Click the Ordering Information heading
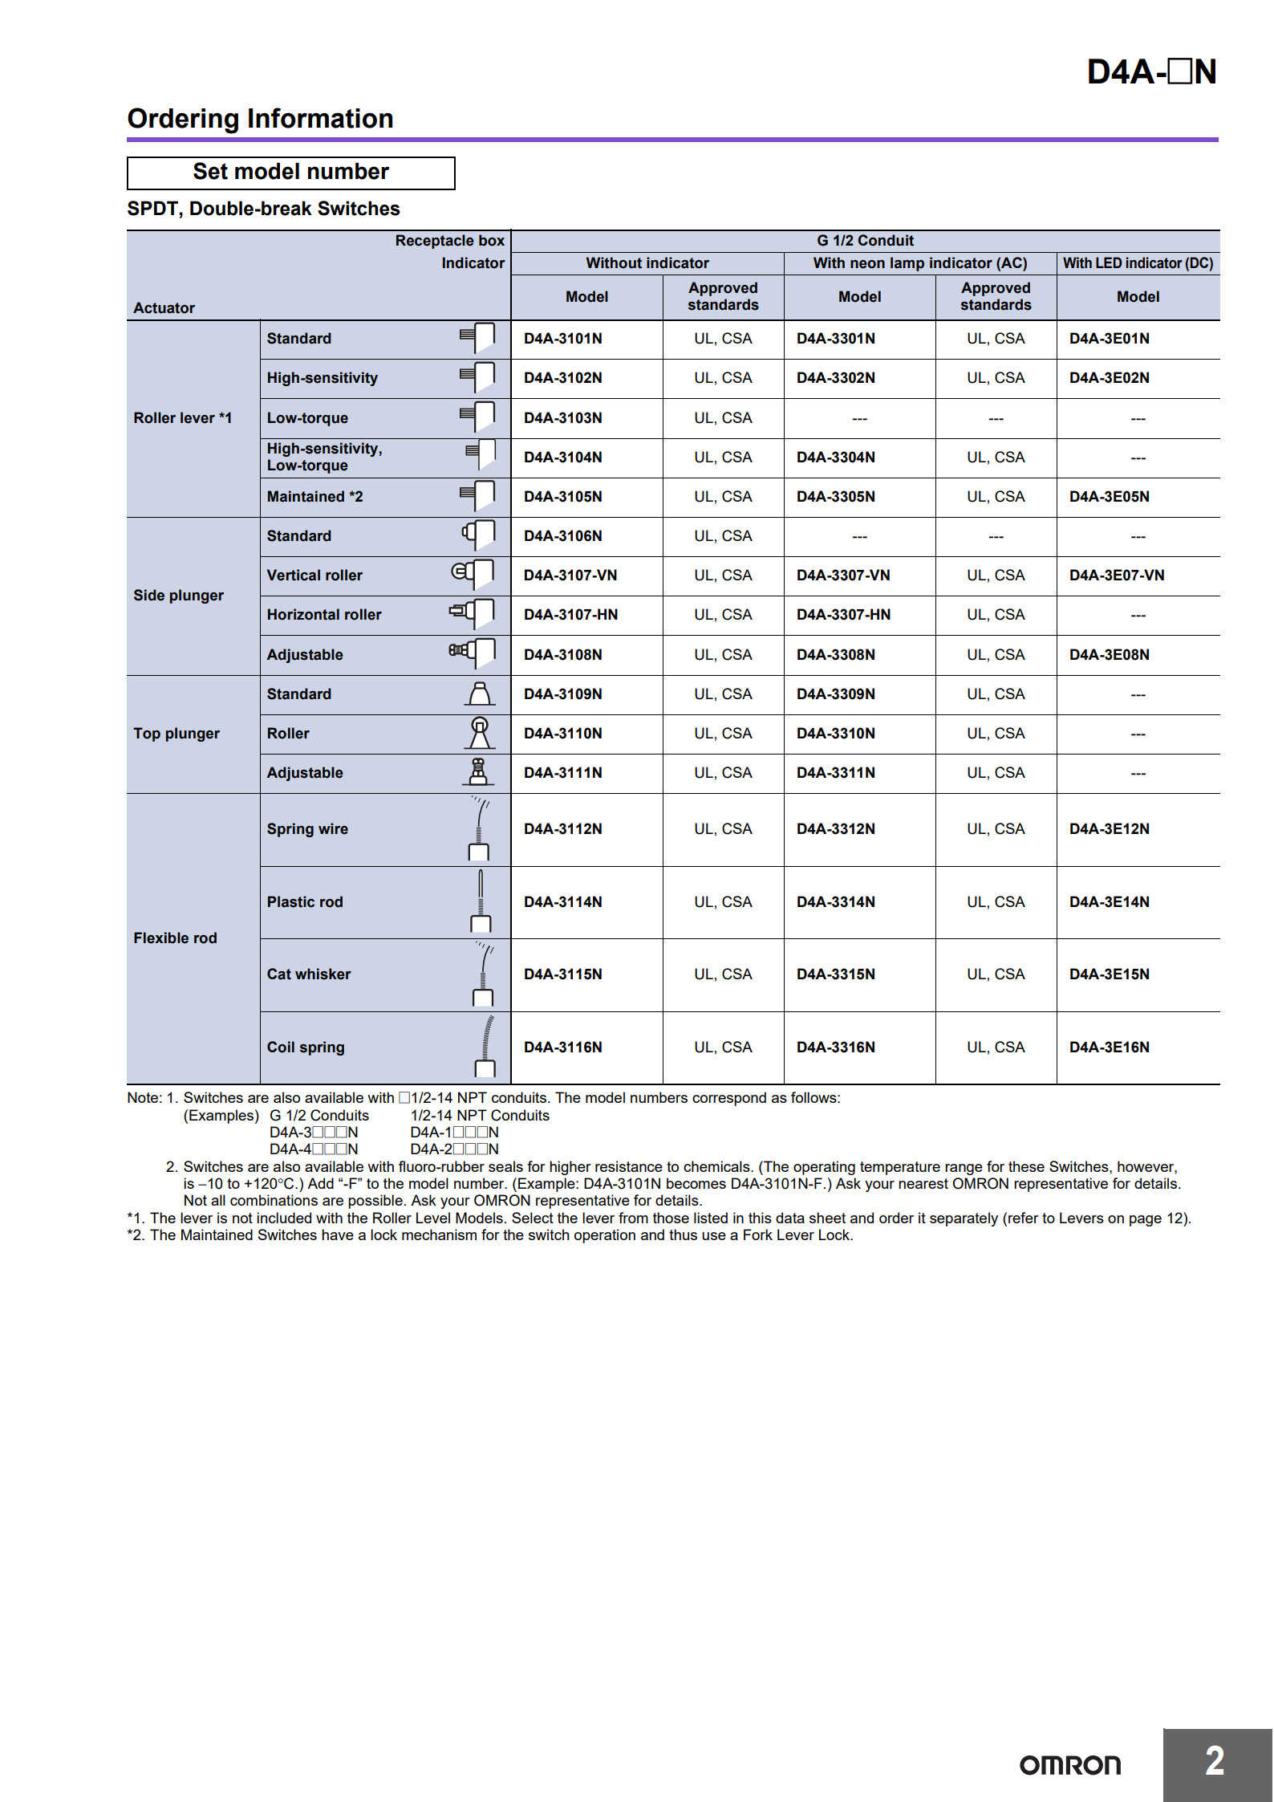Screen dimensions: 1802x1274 260,119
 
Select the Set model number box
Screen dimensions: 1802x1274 290,173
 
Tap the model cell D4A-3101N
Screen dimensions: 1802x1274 562,339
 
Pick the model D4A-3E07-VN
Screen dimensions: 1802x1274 1116,576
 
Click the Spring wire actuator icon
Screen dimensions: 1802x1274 479,828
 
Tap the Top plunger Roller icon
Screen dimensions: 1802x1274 479,733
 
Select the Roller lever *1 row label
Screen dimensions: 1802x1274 182,418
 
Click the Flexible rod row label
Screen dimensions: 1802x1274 175,938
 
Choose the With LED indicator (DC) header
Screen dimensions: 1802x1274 1138,263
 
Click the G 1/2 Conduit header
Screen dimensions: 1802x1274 865,241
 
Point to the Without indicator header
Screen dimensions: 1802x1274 647,263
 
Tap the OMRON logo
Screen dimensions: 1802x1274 1069,1765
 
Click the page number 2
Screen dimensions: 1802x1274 1215,1762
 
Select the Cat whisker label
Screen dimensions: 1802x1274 309,974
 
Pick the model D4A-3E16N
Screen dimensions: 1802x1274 1109,1047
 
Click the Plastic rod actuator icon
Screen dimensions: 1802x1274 480,901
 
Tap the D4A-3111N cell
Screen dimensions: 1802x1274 562,773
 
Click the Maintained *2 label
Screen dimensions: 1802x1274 314,497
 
